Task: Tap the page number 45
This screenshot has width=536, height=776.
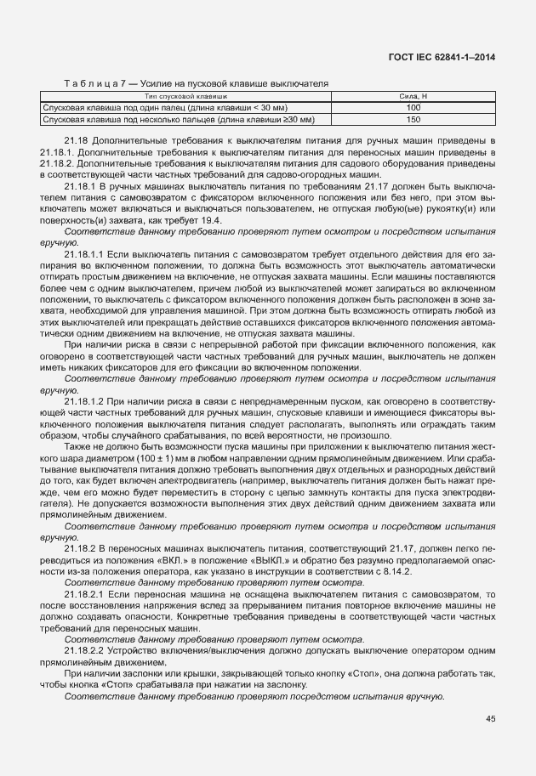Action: (x=491, y=719)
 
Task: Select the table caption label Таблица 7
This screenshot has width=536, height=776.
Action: (x=89, y=82)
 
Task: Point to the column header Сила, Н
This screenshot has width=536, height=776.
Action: (x=413, y=98)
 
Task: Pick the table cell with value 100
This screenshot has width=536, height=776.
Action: (x=413, y=109)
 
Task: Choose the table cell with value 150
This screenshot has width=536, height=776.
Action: (x=413, y=120)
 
